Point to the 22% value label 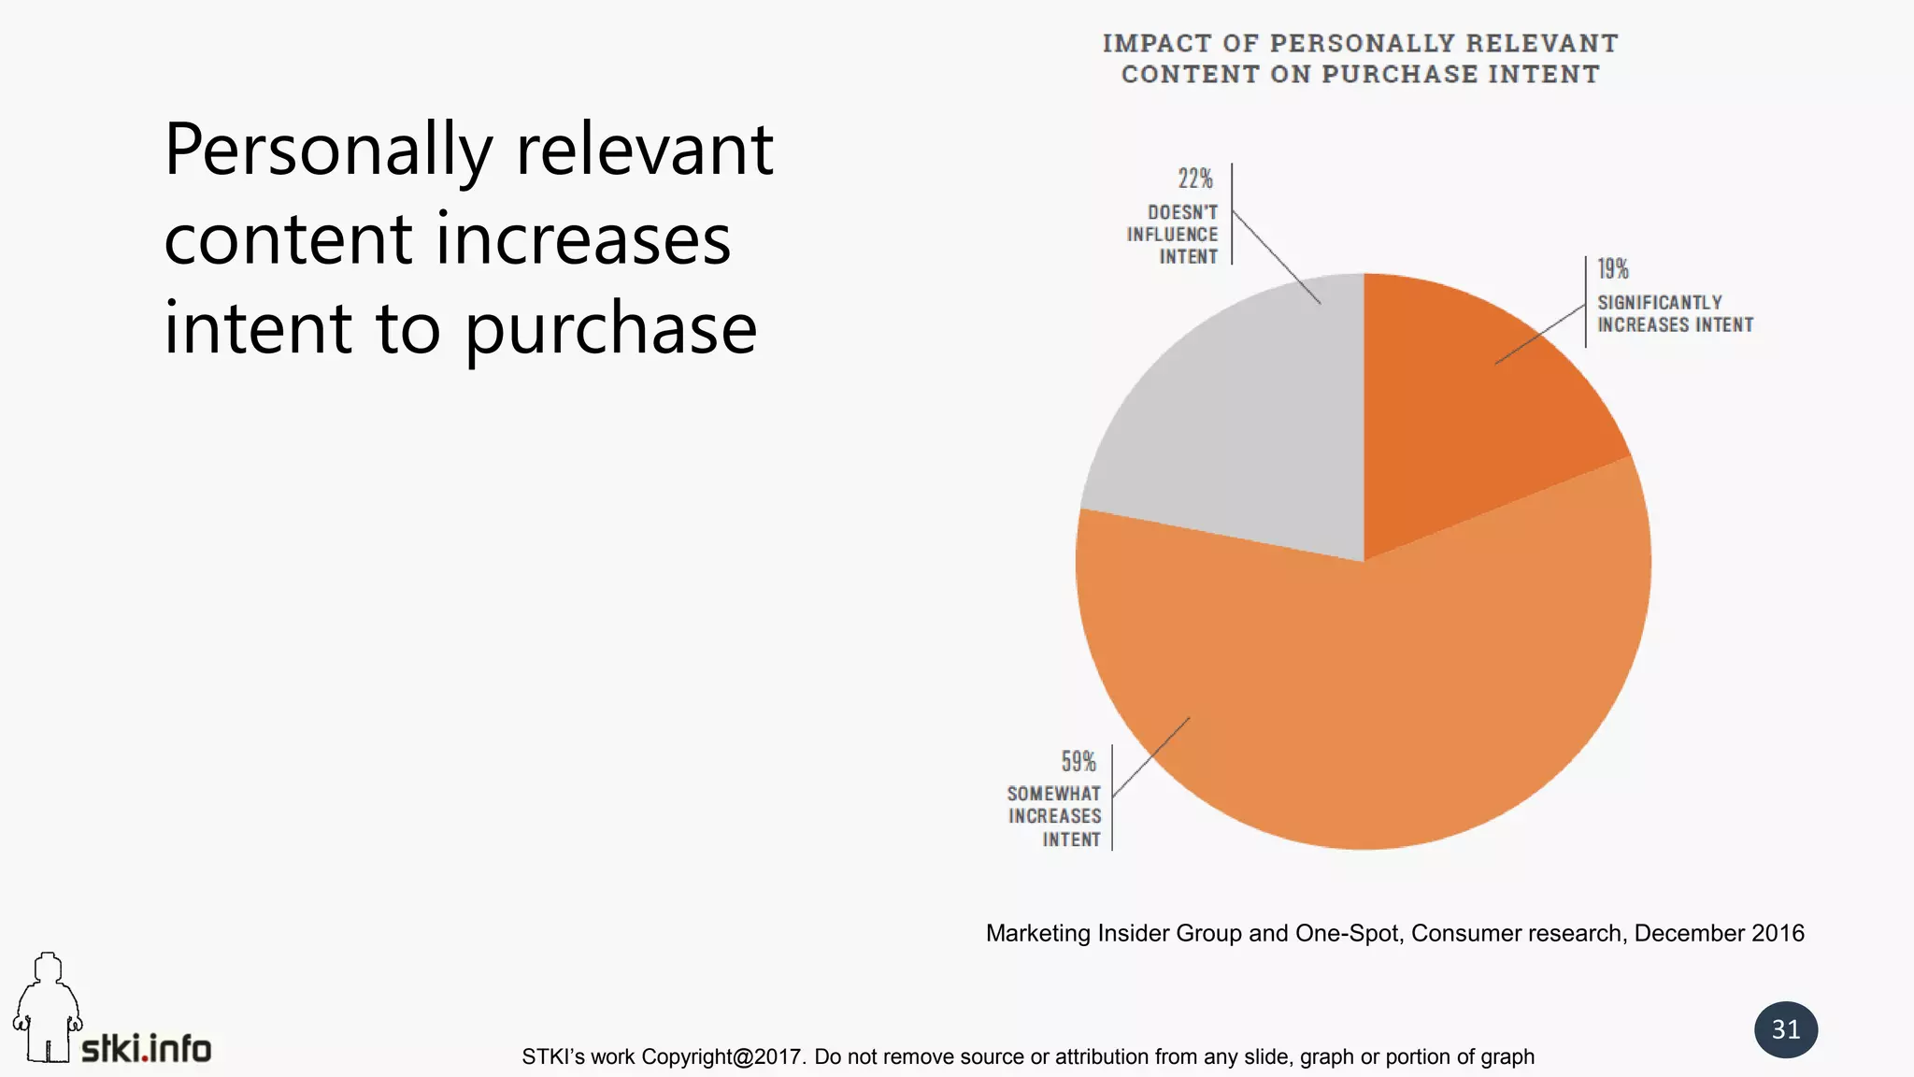1195,179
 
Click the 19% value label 1613,269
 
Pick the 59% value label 1078,761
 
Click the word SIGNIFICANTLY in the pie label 1660,303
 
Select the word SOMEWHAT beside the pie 1054,794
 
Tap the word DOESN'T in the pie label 1183,213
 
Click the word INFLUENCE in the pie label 1173,235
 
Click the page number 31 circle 1786,1029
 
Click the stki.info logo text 147,1049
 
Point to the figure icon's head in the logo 48,967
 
